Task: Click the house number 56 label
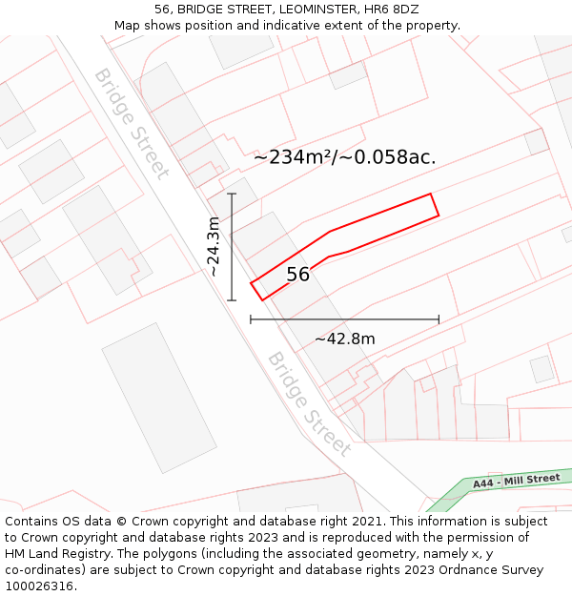[x=298, y=275]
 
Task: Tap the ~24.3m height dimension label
[x=214, y=246]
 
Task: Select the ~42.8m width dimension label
[x=345, y=339]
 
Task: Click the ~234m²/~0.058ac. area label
[x=344, y=157]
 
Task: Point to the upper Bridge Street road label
[x=131, y=123]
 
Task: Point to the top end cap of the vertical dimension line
[x=232, y=194]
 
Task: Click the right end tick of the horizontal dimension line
[x=439, y=319]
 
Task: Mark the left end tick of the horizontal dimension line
[x=251, y=319]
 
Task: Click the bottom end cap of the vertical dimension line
[x=232, y=300]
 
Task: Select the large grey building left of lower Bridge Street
[x=159, y=398]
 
